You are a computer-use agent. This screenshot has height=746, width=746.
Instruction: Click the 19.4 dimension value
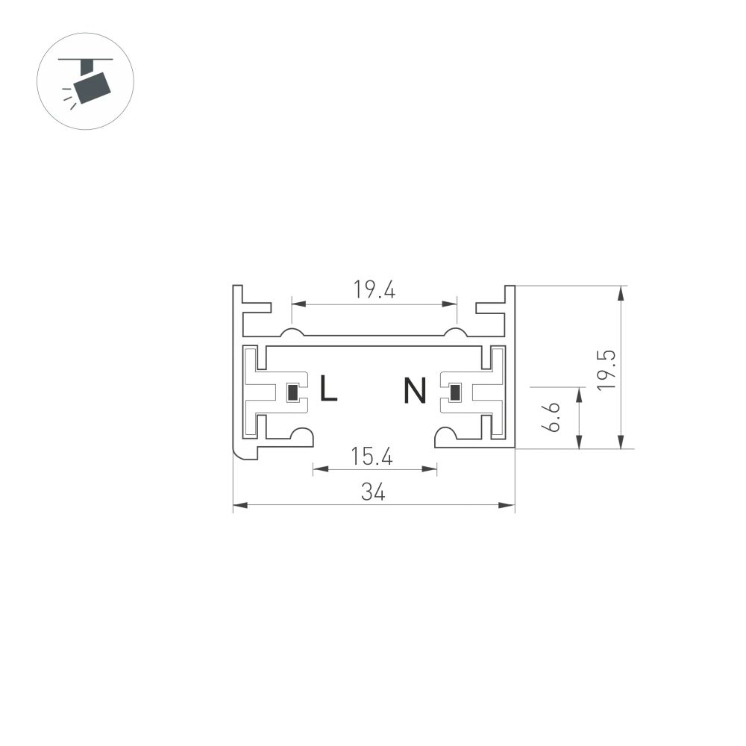pos(374,290)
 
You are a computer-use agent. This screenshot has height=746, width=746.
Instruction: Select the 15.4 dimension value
pos(372,457)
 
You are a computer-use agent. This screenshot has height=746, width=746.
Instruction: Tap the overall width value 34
pos(373,492)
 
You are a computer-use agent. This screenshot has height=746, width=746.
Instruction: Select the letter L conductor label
pos(328,389)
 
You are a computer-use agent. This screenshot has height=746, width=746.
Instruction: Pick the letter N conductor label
pos(415,390)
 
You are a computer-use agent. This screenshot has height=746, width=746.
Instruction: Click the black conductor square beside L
pos(293,392)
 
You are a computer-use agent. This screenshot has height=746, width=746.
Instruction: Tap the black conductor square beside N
pos(453,392)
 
